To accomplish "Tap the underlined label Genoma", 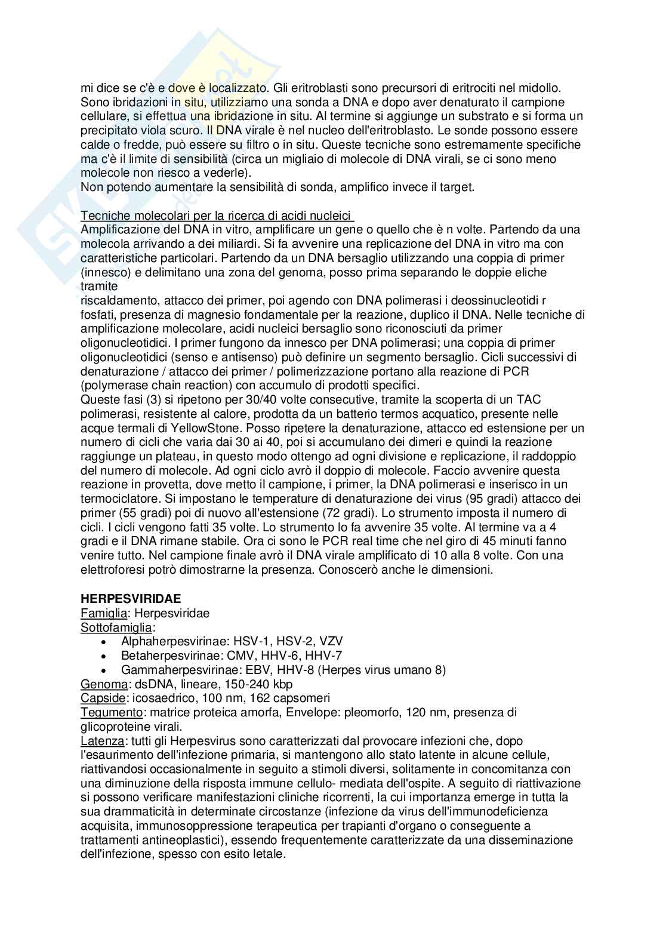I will coord(103,684).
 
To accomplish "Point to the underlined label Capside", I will coord(103,698).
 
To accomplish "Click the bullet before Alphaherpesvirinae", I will coord(104,642).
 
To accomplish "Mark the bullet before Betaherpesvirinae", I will coord(104,656).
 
